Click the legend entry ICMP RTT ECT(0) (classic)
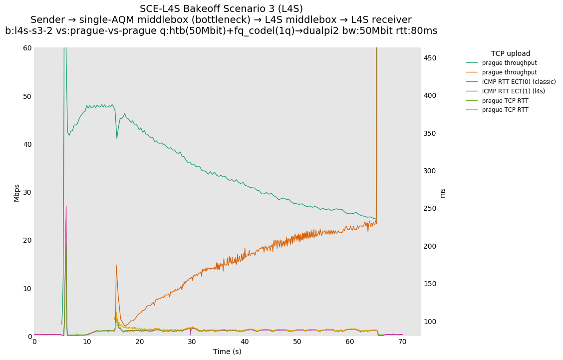[519, 82]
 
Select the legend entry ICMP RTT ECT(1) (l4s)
[513, 91]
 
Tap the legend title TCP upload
[510, 53]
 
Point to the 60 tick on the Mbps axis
[26, 48]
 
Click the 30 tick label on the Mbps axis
[26, 192]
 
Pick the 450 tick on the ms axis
[430, 58]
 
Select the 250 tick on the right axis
[430, 209]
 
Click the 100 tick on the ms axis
[430, 322]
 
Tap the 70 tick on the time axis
[402, 342]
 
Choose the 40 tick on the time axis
[245, 342]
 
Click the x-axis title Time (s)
[227, 352]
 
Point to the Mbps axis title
[16, 192]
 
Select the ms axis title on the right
[443, 192]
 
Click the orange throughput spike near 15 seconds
[116, 265]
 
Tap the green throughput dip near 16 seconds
[117, 138]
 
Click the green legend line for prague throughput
[472, 63]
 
